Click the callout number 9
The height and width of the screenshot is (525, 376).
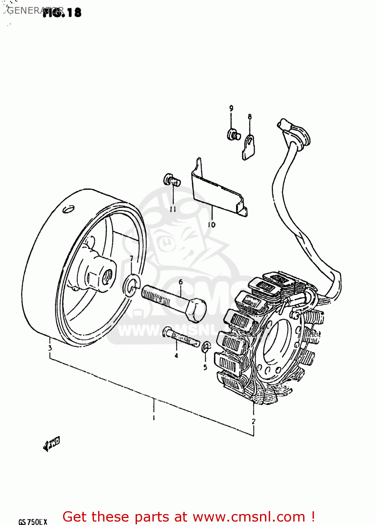click(231, 108)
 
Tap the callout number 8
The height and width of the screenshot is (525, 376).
click(249, 117)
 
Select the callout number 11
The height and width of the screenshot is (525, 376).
click(173, 209)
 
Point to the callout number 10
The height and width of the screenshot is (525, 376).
click(211, 225)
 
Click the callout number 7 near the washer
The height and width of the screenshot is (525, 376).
click(131, 259)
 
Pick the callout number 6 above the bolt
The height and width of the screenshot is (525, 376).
click(180, 282)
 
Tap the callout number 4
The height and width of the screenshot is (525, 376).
click(176, 356)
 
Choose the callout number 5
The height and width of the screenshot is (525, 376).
click(205, 367)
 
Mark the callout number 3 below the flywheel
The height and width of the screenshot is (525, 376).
click(50, 348)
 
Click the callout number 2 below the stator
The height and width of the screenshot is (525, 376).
click(253, 421)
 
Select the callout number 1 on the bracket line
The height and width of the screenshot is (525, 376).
click(153, 417)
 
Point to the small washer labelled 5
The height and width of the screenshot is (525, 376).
click(206, 347)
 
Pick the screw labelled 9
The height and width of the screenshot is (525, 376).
click(233, 134)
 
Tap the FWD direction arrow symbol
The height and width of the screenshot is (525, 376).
click(52, 444)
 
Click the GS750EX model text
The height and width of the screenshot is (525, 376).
click(33, 521)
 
